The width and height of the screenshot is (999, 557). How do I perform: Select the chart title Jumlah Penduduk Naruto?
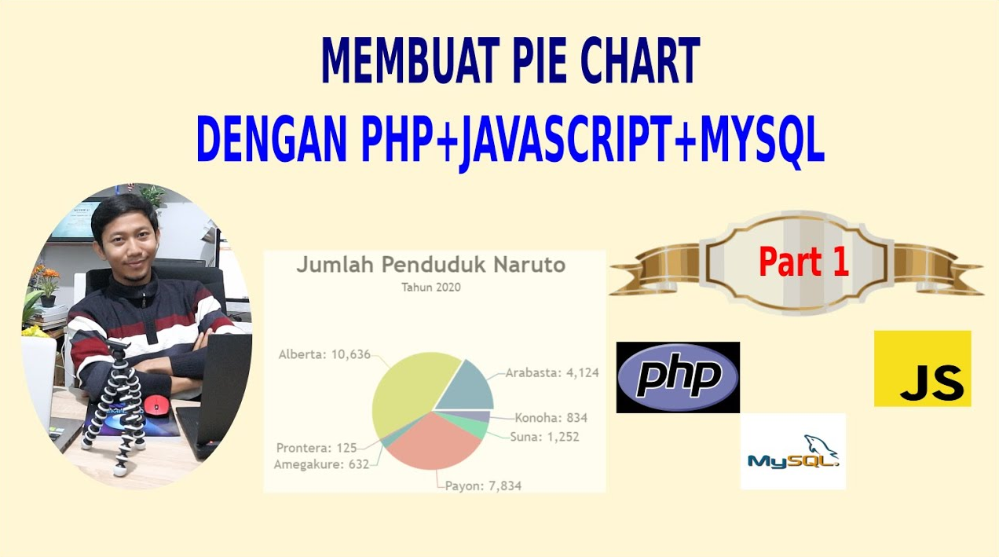(x=431, y=265)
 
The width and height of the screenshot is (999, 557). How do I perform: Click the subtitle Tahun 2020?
(x=431, y=288)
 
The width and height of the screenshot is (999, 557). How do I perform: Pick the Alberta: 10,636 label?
(x=324, y=354)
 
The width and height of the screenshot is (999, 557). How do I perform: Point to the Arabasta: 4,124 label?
(x=552, y=373)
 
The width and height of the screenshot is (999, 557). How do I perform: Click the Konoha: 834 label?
(x=551, y=418)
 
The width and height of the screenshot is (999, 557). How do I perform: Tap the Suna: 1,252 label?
(x=544, y=437)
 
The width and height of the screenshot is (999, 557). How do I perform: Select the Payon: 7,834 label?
(x=484, y=486)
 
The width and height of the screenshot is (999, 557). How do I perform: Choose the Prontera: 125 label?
(x=317, y=447)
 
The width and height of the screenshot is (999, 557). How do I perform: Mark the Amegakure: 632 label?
(x=321, y=464)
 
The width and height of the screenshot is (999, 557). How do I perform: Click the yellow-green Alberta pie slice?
(x=406, y=388)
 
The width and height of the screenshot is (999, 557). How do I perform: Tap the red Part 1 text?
(x=803, y=262)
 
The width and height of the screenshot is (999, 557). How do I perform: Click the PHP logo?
(x=678, y=377)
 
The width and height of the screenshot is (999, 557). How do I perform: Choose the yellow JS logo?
(x=923, y=368)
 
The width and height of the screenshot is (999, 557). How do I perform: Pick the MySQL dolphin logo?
(x=793, y=451)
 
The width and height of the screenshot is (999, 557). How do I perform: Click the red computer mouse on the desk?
(x=156, y=405)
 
